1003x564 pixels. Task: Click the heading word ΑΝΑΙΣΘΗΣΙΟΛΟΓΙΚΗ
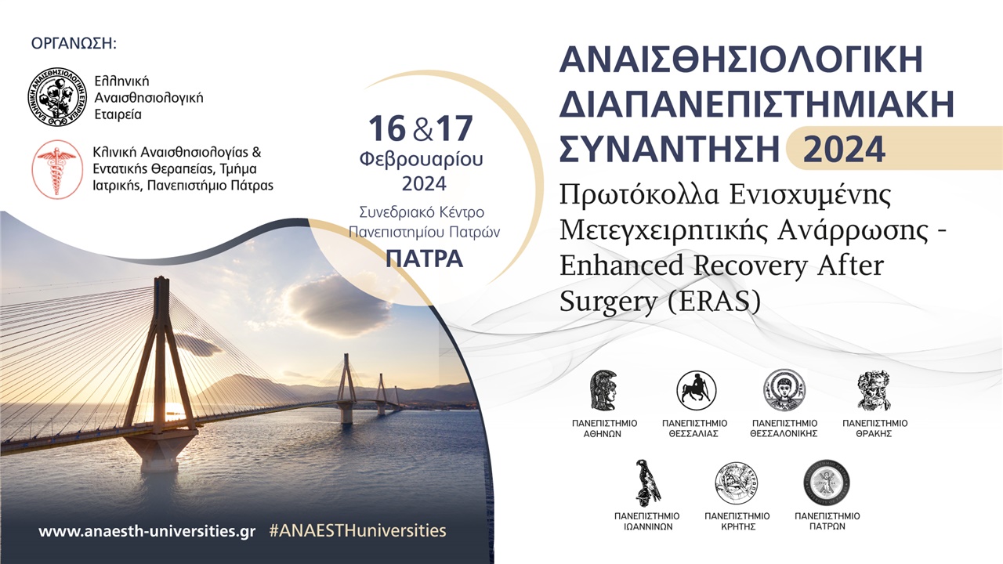[741, 60]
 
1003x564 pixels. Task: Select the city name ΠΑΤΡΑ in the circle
[424, 258]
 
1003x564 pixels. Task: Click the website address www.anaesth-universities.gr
[147, 530]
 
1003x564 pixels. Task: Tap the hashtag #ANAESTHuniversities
[357, 530]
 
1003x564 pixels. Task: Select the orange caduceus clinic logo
[56, 169]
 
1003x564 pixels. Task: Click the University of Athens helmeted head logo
[604, 391]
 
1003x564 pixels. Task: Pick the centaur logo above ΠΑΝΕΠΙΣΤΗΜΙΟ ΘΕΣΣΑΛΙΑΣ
[696, 391]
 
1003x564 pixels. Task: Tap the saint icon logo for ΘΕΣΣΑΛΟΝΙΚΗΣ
[784, 390]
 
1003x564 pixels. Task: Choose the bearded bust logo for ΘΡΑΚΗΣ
[874, 391]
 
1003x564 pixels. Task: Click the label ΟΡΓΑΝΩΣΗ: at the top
[74, 43]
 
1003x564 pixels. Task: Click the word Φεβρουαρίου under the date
[422, 159]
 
